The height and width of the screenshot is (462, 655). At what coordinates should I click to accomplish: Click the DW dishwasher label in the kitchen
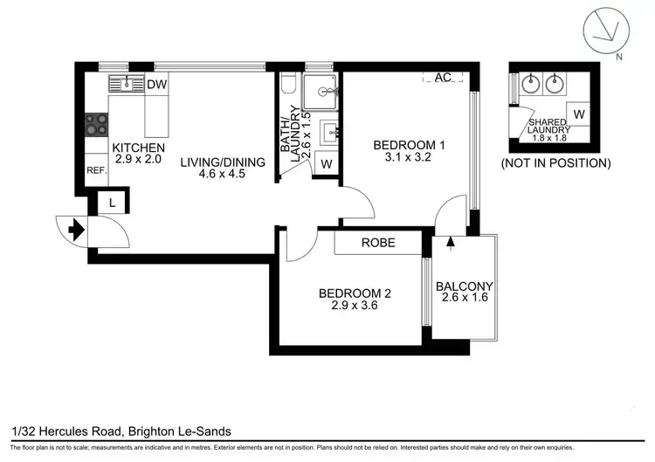coord(156,85)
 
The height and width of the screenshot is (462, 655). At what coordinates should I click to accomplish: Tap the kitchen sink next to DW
coord(126,84)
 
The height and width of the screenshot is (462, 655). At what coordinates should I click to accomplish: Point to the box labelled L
coord(112,202)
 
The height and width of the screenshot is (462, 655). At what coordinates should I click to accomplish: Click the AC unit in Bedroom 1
coord(443,78)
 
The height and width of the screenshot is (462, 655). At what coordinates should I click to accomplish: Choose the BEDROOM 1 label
coord(410,145)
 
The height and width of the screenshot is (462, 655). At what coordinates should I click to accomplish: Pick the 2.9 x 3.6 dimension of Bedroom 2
coord(354,306)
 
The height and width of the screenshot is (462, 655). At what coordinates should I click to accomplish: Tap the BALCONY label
coord(465,286)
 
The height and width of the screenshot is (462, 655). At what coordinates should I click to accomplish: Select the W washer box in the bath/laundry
coord(326,163)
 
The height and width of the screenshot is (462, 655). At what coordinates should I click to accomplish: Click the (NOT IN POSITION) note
coord(555,162)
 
